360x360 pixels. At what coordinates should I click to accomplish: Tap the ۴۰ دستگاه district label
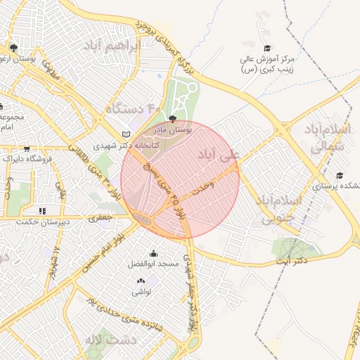coord(134,108)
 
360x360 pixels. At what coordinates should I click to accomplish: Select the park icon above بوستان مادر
coord(173,118)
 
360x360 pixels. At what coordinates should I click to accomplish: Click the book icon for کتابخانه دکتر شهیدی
coord(127,134)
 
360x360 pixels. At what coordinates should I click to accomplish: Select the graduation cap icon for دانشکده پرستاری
coord(340,176)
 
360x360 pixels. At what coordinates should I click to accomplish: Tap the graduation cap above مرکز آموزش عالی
coord(267,47)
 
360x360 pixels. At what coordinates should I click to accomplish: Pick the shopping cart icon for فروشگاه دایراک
coord(27,149)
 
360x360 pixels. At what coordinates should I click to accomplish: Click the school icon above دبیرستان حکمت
coord(43,210)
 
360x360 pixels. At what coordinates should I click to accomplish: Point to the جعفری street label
coord(100,219)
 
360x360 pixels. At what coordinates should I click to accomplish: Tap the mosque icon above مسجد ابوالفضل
coord(154,253)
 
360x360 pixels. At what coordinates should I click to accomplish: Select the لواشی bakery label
coord(141,292)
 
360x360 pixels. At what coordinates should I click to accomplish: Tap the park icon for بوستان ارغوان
coord(13,48)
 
